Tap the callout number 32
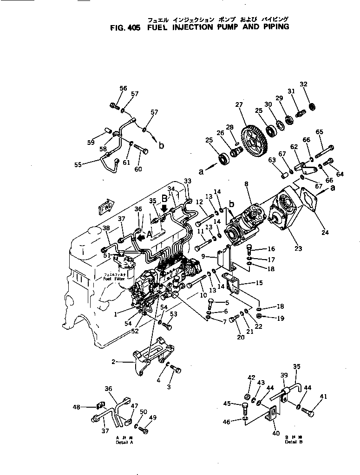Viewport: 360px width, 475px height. [x=303, y=85]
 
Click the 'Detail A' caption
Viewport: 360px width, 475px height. [x=124, y=442]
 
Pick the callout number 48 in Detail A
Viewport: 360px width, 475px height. [x=76, y=407]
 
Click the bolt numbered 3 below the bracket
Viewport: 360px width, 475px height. [x=176, y=369]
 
